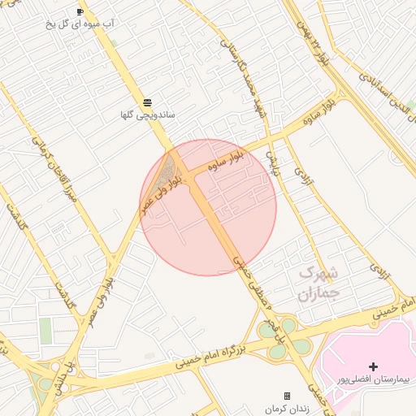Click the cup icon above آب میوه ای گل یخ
pos(80,11)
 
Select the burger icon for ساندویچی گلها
pos(147,102)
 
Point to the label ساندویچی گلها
pos(147,116)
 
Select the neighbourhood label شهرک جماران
pos(317,282)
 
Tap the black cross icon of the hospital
pos(373,366)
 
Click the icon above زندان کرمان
pos(286,396)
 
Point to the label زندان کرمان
pos(286,408)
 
